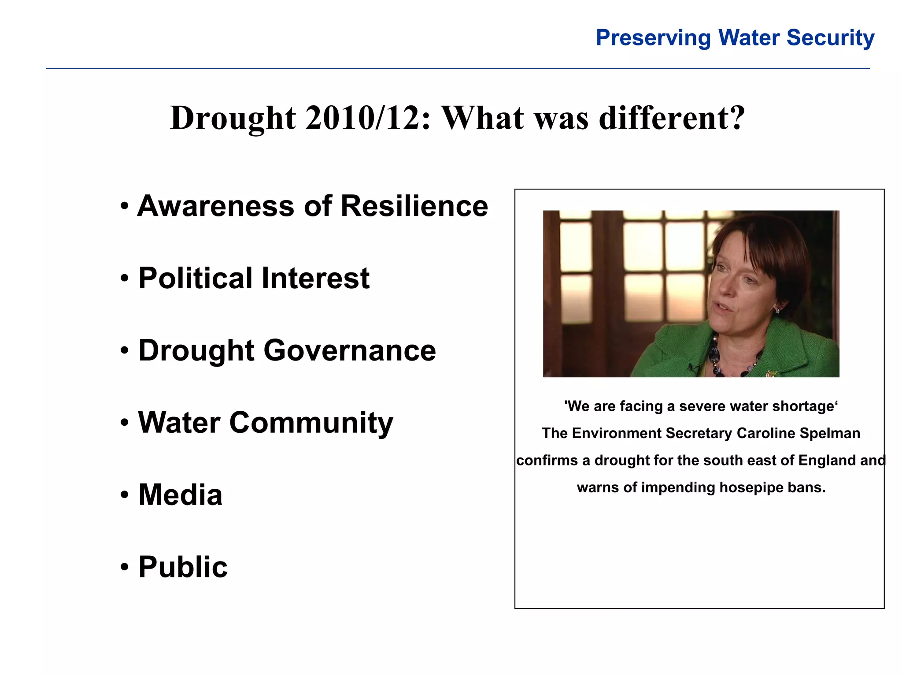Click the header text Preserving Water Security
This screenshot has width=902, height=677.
point(735,38)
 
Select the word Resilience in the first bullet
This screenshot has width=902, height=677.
point(414,206)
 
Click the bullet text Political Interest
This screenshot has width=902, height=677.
point(254,279)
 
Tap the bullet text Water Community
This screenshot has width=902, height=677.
point(265,423)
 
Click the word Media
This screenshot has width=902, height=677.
point(180,495)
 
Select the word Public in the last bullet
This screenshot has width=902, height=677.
point(183,567)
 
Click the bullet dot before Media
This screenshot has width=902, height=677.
point(125,495)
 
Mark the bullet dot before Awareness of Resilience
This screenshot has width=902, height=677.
point(125,206)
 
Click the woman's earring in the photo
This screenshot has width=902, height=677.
point(777,310)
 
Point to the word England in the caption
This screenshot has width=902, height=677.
point(827,460)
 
